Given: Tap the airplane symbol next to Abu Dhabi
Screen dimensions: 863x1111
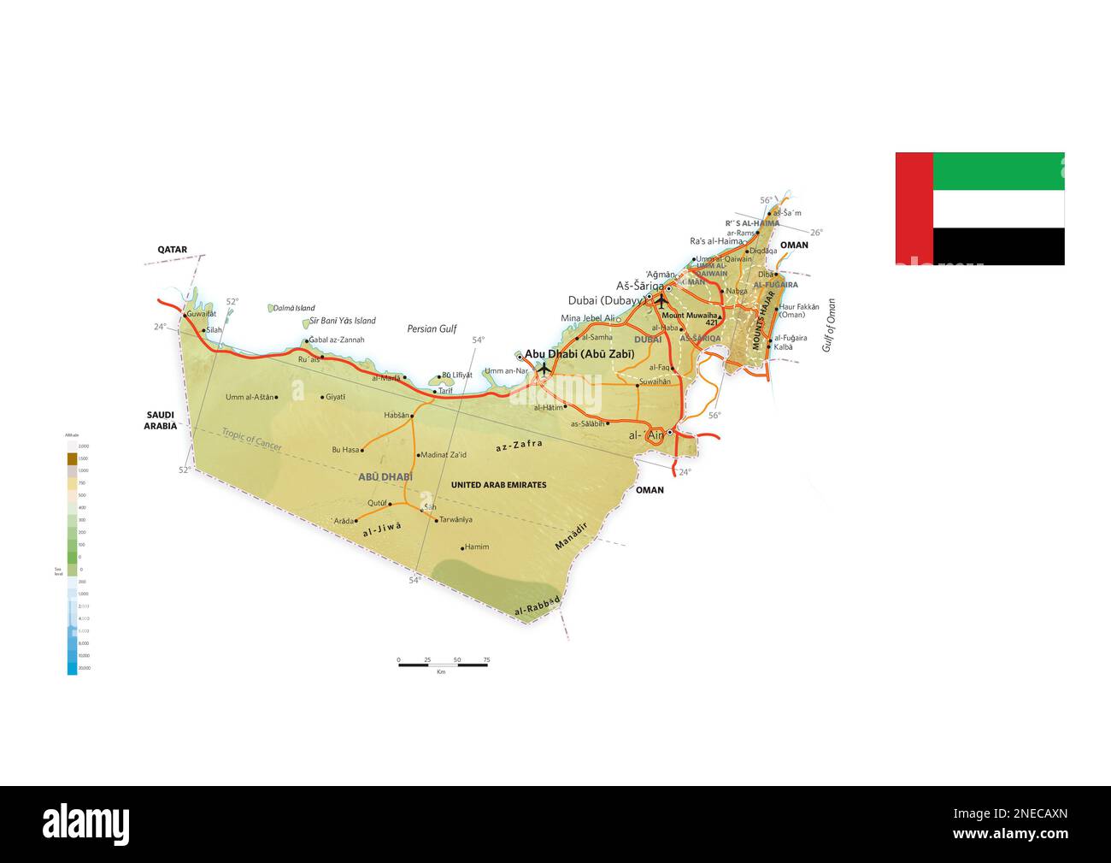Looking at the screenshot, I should click(x=544, y=369).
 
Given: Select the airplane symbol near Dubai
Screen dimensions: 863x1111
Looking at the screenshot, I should click(x=661, y=300).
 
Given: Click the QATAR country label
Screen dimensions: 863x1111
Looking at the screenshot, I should click(x=172, y=250).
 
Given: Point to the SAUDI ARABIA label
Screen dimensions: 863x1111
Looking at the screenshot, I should click(x=160, y=420).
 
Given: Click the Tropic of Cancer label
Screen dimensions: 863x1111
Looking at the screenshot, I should click(x=251, y=440).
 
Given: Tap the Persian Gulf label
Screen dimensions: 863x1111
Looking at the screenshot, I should click(x=432, y=328).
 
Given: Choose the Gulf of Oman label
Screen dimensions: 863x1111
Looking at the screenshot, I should click(x=828, y=325).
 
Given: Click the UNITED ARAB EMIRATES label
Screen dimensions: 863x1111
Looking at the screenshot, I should click(x=498, y=485).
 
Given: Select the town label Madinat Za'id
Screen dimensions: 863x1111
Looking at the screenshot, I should click(x=444, y=455).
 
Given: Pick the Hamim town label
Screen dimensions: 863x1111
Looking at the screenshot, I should click(x=477, y=547).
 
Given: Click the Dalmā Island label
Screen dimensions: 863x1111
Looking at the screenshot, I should click(x=294, y=308).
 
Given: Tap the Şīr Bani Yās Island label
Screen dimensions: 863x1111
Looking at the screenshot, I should click(x=343, y=321).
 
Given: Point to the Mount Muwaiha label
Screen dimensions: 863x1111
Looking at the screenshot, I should click(x=691, y=316).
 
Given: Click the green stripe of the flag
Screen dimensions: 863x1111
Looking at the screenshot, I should click(x=998, y=171).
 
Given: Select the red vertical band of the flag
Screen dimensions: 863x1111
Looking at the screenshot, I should click(x=914, y=208).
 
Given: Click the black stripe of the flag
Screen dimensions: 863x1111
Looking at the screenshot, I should click(x=998, y=246).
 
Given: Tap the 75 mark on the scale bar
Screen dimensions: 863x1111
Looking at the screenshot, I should click(x=486, y=660).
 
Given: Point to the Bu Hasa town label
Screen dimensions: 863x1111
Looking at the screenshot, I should click(x=345, y=449).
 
